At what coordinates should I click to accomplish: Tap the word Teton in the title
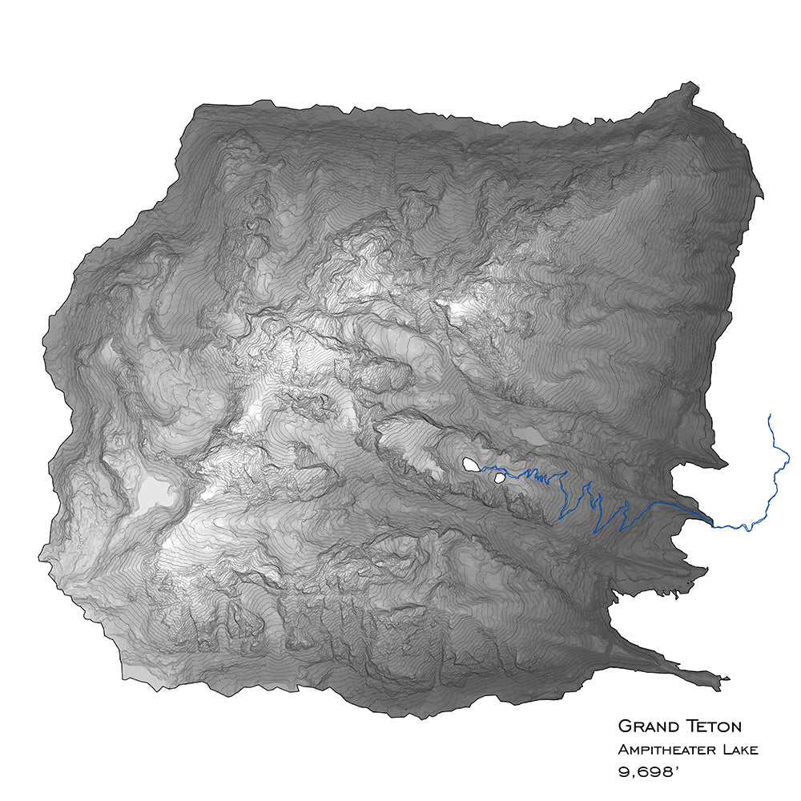(714, 727)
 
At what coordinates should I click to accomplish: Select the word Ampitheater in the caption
(662, 751)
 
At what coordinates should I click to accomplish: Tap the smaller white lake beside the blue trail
(500, 478)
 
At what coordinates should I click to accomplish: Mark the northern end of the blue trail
(770, 415)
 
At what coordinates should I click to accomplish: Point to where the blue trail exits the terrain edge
(711, 522)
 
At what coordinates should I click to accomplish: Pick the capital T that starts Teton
(690, 727)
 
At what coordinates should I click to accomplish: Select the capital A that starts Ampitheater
(622, 751)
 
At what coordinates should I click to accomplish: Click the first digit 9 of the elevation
(623, 774)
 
